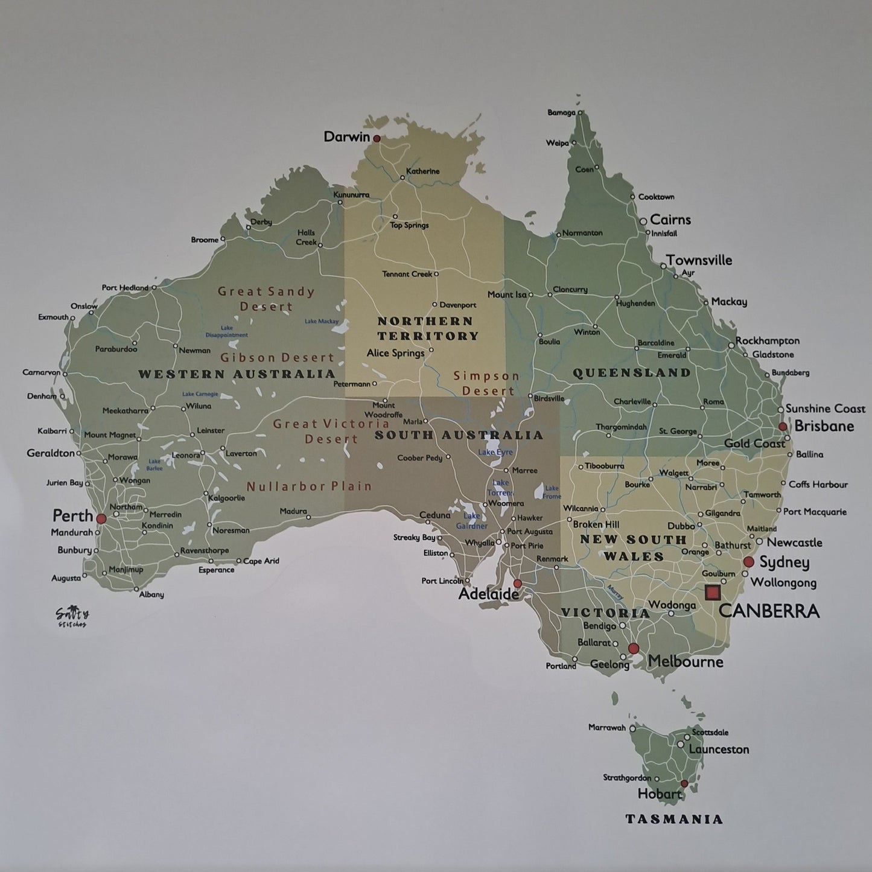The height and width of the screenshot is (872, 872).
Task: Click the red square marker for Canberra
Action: pyautogui.click(x=713, y=592)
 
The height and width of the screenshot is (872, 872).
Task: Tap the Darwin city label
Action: pyautogui.click(x=346, y=136)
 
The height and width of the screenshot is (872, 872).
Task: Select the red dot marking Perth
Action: pyautogui.click(x=101, y=518)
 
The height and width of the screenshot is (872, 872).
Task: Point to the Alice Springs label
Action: pyautogui.click(x=395, y=353)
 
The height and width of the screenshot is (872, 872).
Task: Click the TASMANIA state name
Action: pyautogui.click(x=673, y=819)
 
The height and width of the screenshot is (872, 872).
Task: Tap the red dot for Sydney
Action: pyautogui.click(x=748, y=562)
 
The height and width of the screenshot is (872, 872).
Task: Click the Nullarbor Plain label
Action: pyautogui.click(x=309, y=486)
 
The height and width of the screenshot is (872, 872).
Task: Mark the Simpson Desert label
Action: pyautogui.click(x=486, y=383)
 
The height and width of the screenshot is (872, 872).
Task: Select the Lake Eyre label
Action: pyautogui.click(x=495, y=452)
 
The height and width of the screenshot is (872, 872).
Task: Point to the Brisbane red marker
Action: pyautogui.click(x=783, y=426)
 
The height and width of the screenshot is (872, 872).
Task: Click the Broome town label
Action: pyautogui.click(x=205, y=240)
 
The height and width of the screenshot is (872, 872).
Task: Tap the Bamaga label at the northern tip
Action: pyautogui.click(x=561, y=112)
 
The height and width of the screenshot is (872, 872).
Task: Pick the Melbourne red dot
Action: pyautogui.click(x=633, y=648)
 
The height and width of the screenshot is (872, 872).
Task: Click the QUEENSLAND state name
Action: pyautogui.click(x=631, y=373)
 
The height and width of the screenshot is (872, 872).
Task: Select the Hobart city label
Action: pyautogui.click(x=659, y=794)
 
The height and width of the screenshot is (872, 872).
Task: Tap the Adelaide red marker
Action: pyautogui.click(x=517, y=583)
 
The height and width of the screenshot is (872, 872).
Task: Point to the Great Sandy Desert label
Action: pyautogui.click(x=266, y=299)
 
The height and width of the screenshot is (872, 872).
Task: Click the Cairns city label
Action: pyautogui.click(x=670, y=220)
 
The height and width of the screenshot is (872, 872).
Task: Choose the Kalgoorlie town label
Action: pyautogui.click(x=226, y=498)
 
